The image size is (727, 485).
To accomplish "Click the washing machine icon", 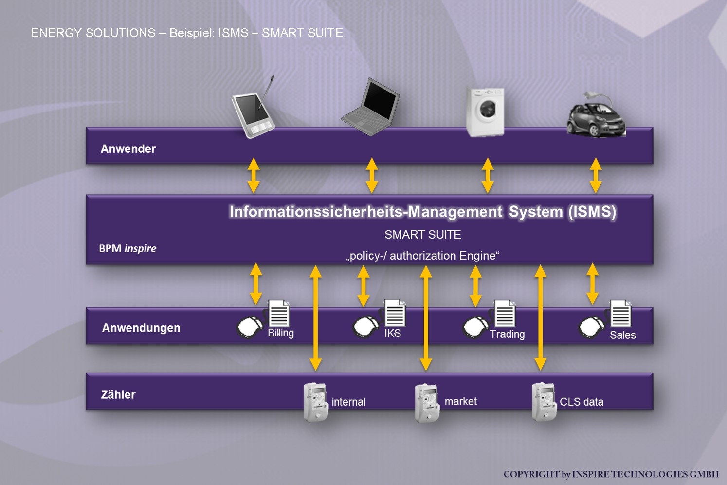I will (x=485, y=112).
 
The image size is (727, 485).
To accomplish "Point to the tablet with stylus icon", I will (x=254, y=111).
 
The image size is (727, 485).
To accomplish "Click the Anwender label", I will (x=128, y=149).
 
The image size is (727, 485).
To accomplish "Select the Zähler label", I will (x=118, y=395).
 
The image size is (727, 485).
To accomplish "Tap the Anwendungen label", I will (x=141, y=328).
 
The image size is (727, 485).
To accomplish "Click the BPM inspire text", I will (x=127, y=248).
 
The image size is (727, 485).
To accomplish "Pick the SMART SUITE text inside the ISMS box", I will (x=422, y=235).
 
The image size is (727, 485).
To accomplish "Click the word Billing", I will (x=281, y=333).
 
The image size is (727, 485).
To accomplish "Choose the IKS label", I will (x=393, y=334).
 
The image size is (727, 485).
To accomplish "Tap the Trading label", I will (x=507, y=335).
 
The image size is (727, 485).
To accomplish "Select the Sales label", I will (x=622, y=335).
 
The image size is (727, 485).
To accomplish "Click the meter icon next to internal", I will (x=315, y=402).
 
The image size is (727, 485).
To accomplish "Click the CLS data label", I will (x=582, y=402).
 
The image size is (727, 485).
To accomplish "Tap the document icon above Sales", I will (x=620, y=314).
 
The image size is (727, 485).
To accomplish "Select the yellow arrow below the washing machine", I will (x=488, y=175).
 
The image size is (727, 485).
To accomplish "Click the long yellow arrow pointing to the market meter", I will (x=426, y=318).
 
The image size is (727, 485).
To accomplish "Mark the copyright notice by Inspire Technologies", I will (x=611, y=474).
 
